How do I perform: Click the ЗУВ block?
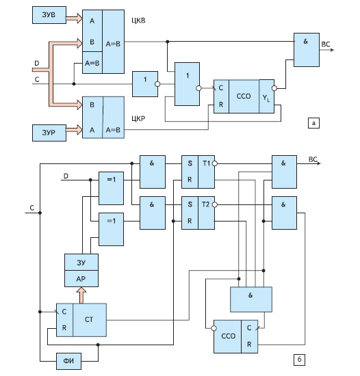(49, 15)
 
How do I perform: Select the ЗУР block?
(49, 133)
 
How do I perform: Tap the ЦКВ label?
(138, 21)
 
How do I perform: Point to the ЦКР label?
(138, 118)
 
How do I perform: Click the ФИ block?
(68, 361)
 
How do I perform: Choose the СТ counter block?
(81, 320)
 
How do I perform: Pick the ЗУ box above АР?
(81, 263)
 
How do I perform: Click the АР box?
(81, 279)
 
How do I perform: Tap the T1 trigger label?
(206, 163)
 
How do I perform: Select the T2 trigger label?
(206, 204)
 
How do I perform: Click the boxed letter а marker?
(313, 123)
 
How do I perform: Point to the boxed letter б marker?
(299, 360)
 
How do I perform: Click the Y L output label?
(266, 98)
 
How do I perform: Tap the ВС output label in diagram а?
(326, 44)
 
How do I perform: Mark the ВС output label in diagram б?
(313, 159)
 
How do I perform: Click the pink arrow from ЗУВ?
(74, 18)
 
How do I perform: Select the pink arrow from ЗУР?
(74, 130)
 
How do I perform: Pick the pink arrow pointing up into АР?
(81, 295)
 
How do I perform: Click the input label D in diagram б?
(66, 176)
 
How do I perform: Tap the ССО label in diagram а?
(244, 96)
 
